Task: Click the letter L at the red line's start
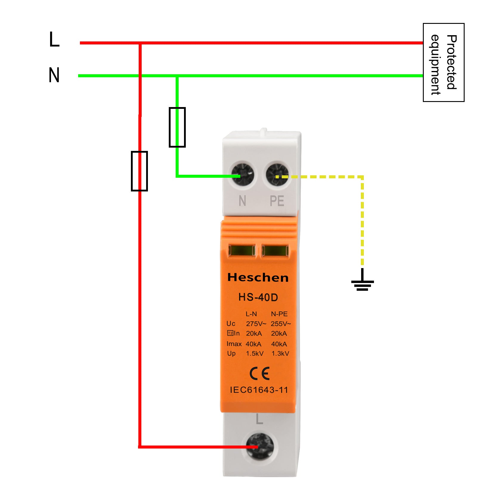point(54,39)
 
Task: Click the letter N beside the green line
point(54,75)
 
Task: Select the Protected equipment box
point(443,62)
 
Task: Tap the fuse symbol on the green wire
point(177,127)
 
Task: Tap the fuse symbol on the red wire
point(139,171)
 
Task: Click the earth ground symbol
point(362,282)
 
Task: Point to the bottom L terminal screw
point(259,446)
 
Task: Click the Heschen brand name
point(258,278)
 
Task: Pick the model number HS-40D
point(258,297)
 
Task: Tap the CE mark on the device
point(259,373)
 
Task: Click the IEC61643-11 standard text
point(259,390)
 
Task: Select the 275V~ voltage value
point(256,324)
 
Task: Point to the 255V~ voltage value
point(281,324)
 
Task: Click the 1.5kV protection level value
point(255,354)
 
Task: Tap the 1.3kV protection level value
point(280,354)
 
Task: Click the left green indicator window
point(242,251)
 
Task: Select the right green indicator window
point(275,251)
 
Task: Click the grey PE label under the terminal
point(277,201)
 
